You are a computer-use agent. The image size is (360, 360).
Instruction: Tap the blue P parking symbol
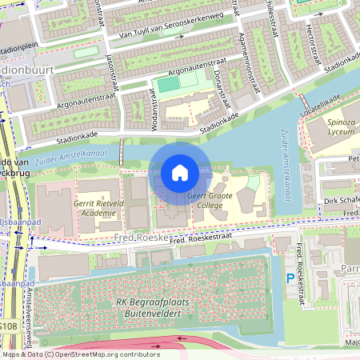[x=290, y=278]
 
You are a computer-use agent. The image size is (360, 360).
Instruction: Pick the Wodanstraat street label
[x=150, y=106]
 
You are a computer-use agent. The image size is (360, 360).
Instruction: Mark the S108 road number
[x=8, y=326]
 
